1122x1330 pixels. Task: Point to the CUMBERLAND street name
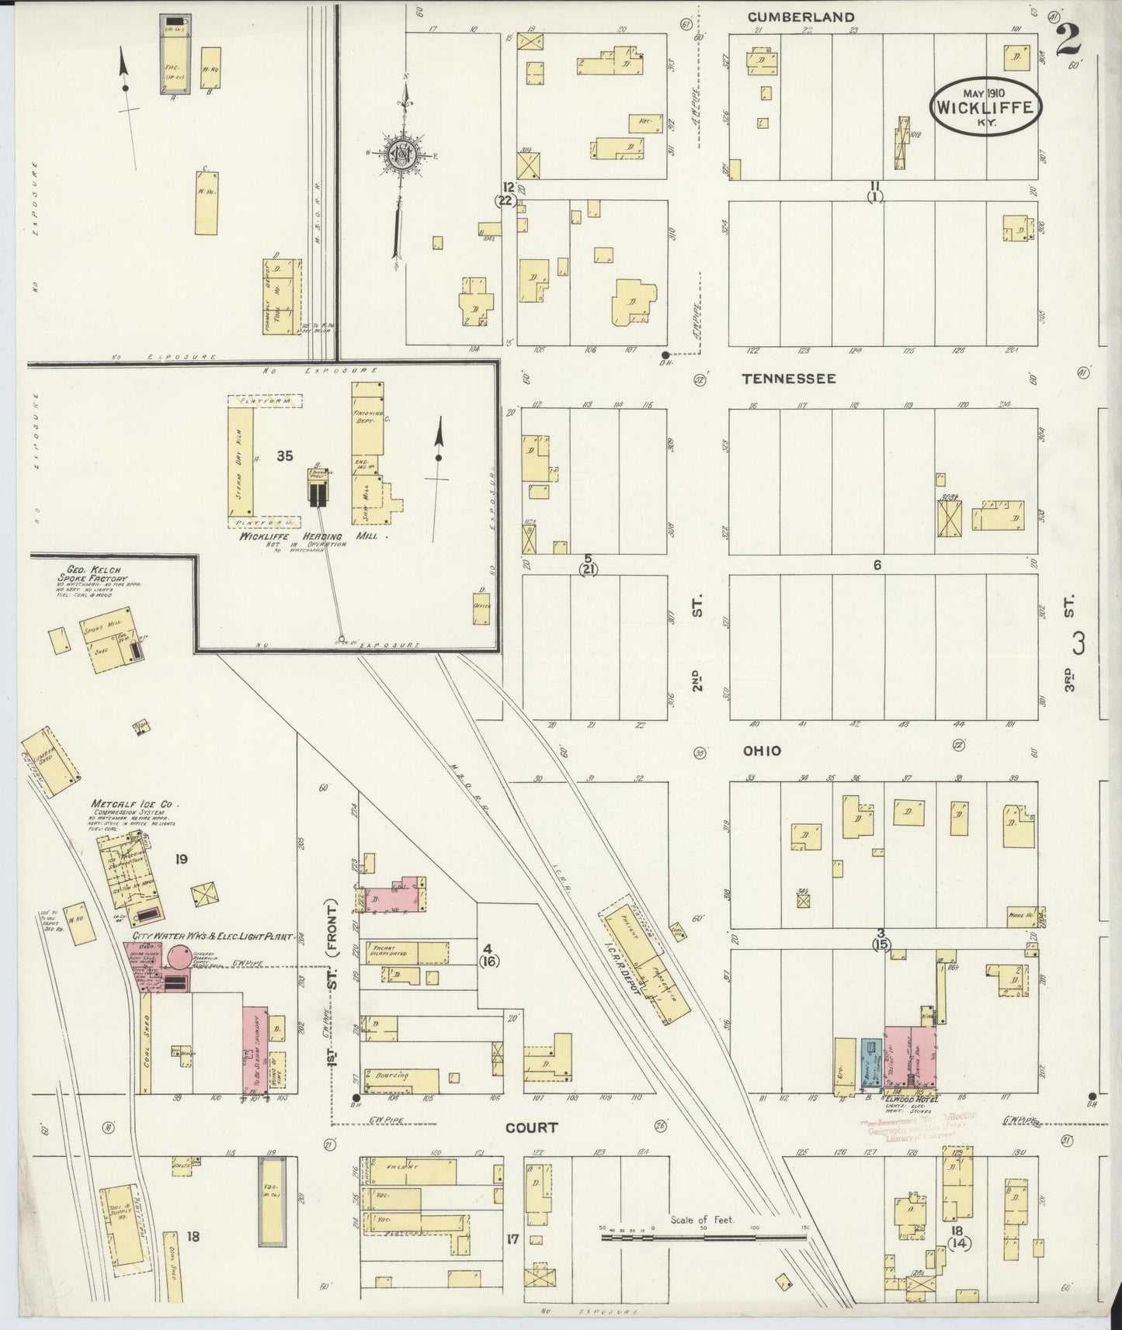point(801,16)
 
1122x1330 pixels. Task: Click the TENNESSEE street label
point(788,379)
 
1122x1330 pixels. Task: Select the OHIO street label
point(762,751)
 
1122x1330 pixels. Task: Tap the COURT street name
point(531,1127)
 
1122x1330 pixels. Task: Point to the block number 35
point(285,456)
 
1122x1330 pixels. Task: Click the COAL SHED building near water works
point(145,1040)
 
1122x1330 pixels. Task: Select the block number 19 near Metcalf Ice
point(181,860)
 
